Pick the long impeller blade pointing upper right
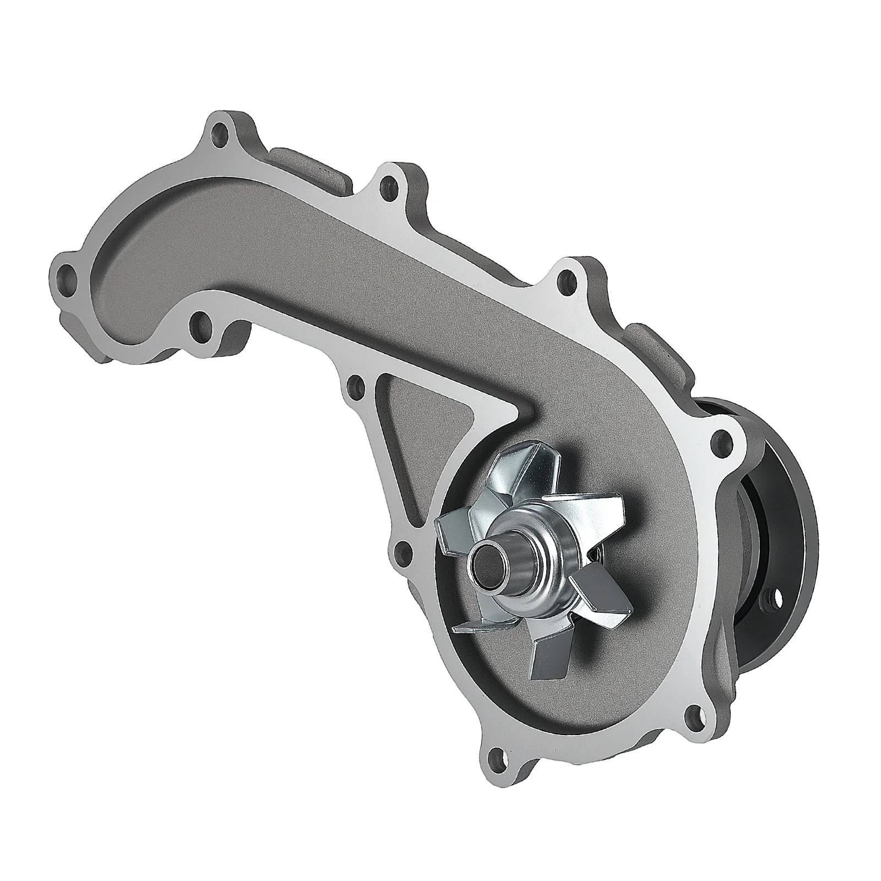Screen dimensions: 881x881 [x=589, y=504]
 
